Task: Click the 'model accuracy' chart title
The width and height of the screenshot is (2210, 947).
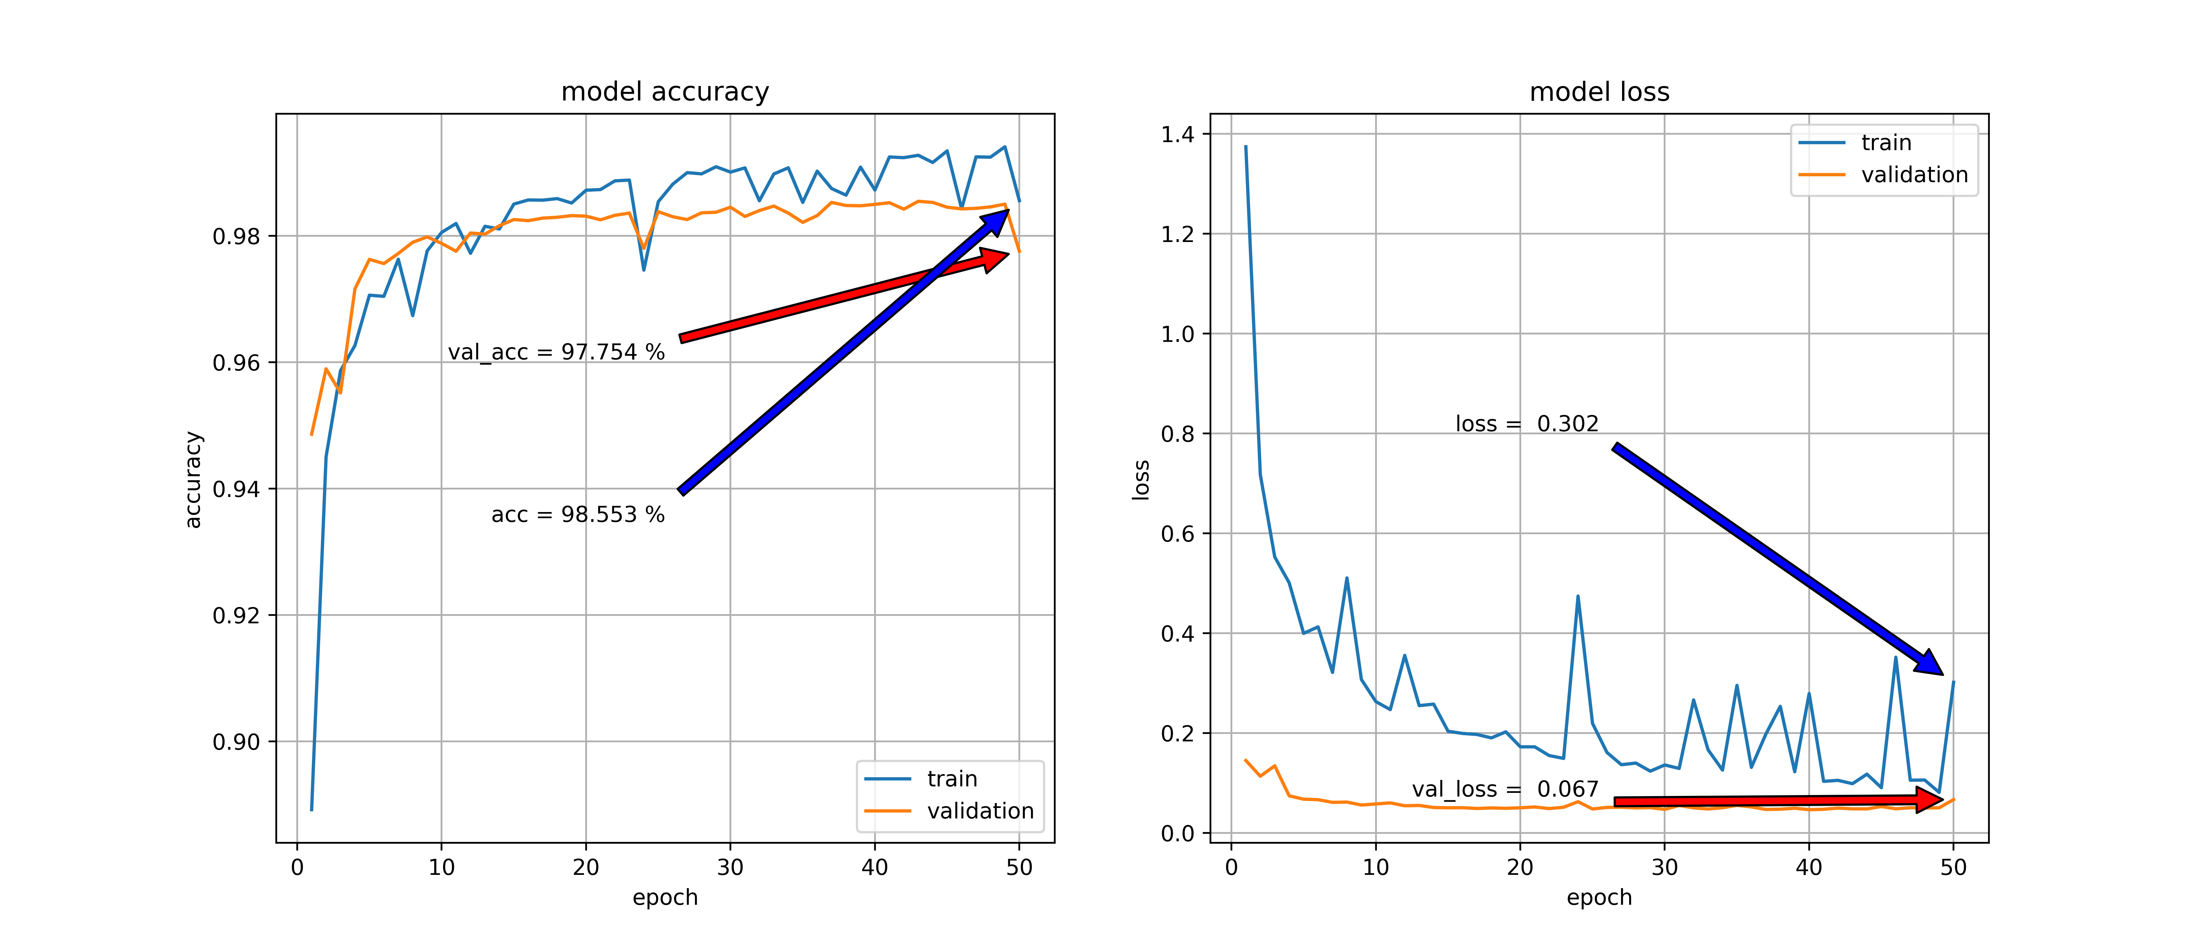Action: [x=665, y=92]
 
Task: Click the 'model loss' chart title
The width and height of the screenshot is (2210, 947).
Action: [x=1599, y=92]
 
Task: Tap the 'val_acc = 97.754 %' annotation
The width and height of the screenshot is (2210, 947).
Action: [x=556, y=352]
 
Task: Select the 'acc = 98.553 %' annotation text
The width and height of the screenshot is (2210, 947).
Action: [x=577, y=515]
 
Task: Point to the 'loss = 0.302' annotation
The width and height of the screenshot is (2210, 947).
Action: [x=1526, y=424]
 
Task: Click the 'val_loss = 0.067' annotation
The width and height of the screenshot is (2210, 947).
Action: [x=1505, y=789]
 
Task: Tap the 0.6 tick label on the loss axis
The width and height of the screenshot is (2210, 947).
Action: [x=1177, y=534]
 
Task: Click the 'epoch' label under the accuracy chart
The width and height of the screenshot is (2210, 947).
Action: [x=665, y=897]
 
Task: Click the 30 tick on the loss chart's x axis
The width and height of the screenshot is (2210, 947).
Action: [x=1664, y=867]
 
